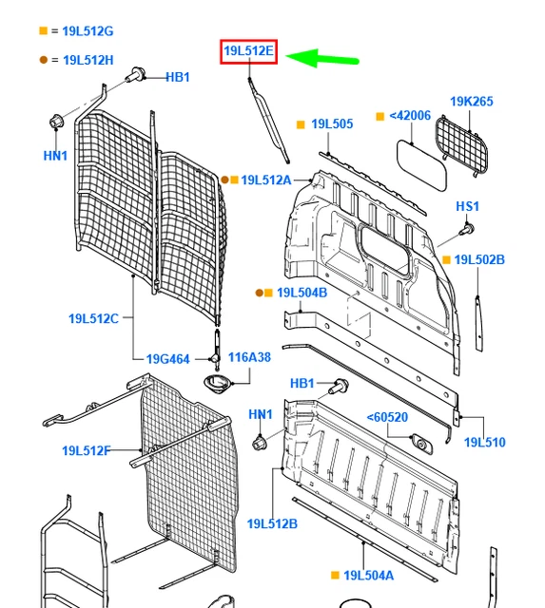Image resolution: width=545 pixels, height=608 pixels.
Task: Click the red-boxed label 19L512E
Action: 248,51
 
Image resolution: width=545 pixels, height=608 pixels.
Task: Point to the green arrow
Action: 323,58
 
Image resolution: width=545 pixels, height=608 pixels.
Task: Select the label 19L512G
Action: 88,31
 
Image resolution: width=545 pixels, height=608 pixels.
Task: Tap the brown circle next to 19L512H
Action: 43,60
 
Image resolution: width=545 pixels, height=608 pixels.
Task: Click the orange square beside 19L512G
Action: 43,31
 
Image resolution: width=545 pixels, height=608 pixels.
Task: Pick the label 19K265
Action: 472,101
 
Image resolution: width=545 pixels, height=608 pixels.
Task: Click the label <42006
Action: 410,116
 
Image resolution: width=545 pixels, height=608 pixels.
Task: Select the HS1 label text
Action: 467,206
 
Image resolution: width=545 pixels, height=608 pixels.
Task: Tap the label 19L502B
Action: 479,259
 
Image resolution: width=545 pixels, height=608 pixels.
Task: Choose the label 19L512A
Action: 265,180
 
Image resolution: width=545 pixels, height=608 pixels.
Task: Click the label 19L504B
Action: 302,293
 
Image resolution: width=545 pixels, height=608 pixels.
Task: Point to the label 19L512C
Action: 93,318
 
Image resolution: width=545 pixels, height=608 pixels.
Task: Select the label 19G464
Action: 167,359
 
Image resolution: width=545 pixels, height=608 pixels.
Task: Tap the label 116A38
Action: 249,358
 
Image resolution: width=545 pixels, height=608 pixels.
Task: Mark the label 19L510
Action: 484,442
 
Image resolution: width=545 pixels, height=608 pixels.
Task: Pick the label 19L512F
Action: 87,450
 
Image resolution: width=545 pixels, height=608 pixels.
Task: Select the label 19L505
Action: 332,123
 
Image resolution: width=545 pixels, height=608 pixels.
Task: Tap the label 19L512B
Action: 272,523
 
